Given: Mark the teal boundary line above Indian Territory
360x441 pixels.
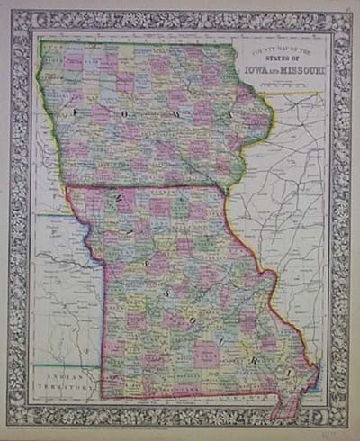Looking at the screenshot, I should coord(67,363).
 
